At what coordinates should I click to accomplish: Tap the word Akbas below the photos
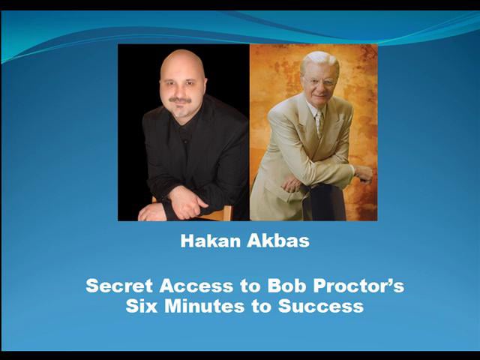(268, 242)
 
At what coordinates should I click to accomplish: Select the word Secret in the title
(120, 286)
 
